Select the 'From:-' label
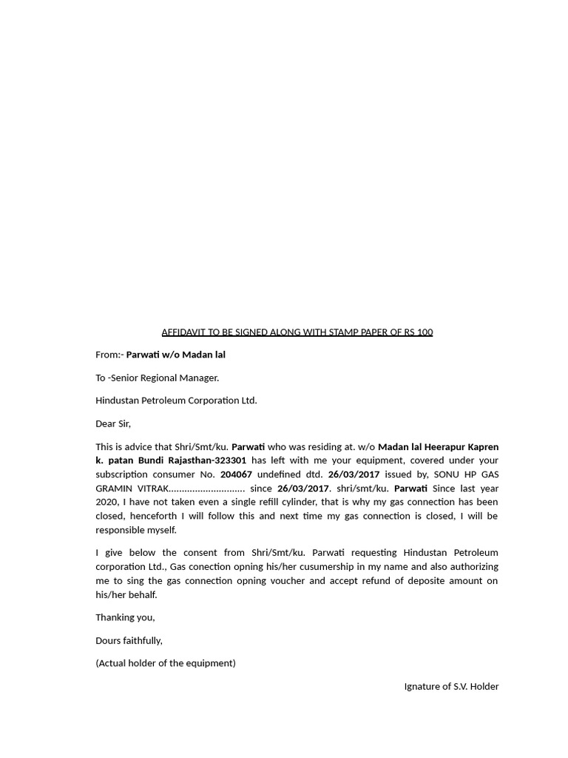pyautogui.click(x=109, y=355)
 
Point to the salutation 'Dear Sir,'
pyautogui.click(x=113, y=423)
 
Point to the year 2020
pyautogui.click(x=106, y=503)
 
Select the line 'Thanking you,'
pyautogui.click(x=125, y=617)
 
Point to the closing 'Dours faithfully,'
pyautogui.click(x=129, y=640)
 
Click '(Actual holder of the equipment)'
pyautogui.click(x=166, y=663)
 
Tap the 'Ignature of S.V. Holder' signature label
pyautogui.click(x=451, y=686)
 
